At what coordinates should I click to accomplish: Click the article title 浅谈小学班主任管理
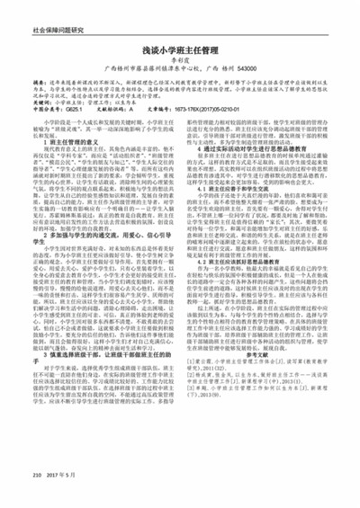180,54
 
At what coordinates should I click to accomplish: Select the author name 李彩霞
180,67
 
